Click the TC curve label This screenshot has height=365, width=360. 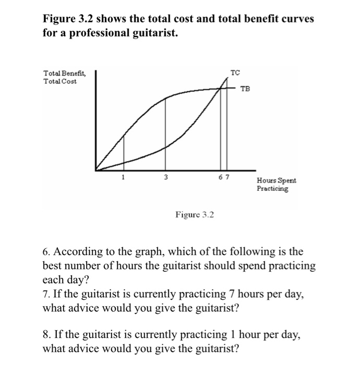tap(235, 73)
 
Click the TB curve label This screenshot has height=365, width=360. tap(245, 89)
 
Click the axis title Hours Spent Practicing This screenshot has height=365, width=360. tap(276, 184)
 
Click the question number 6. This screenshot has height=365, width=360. tap(46, 252)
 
